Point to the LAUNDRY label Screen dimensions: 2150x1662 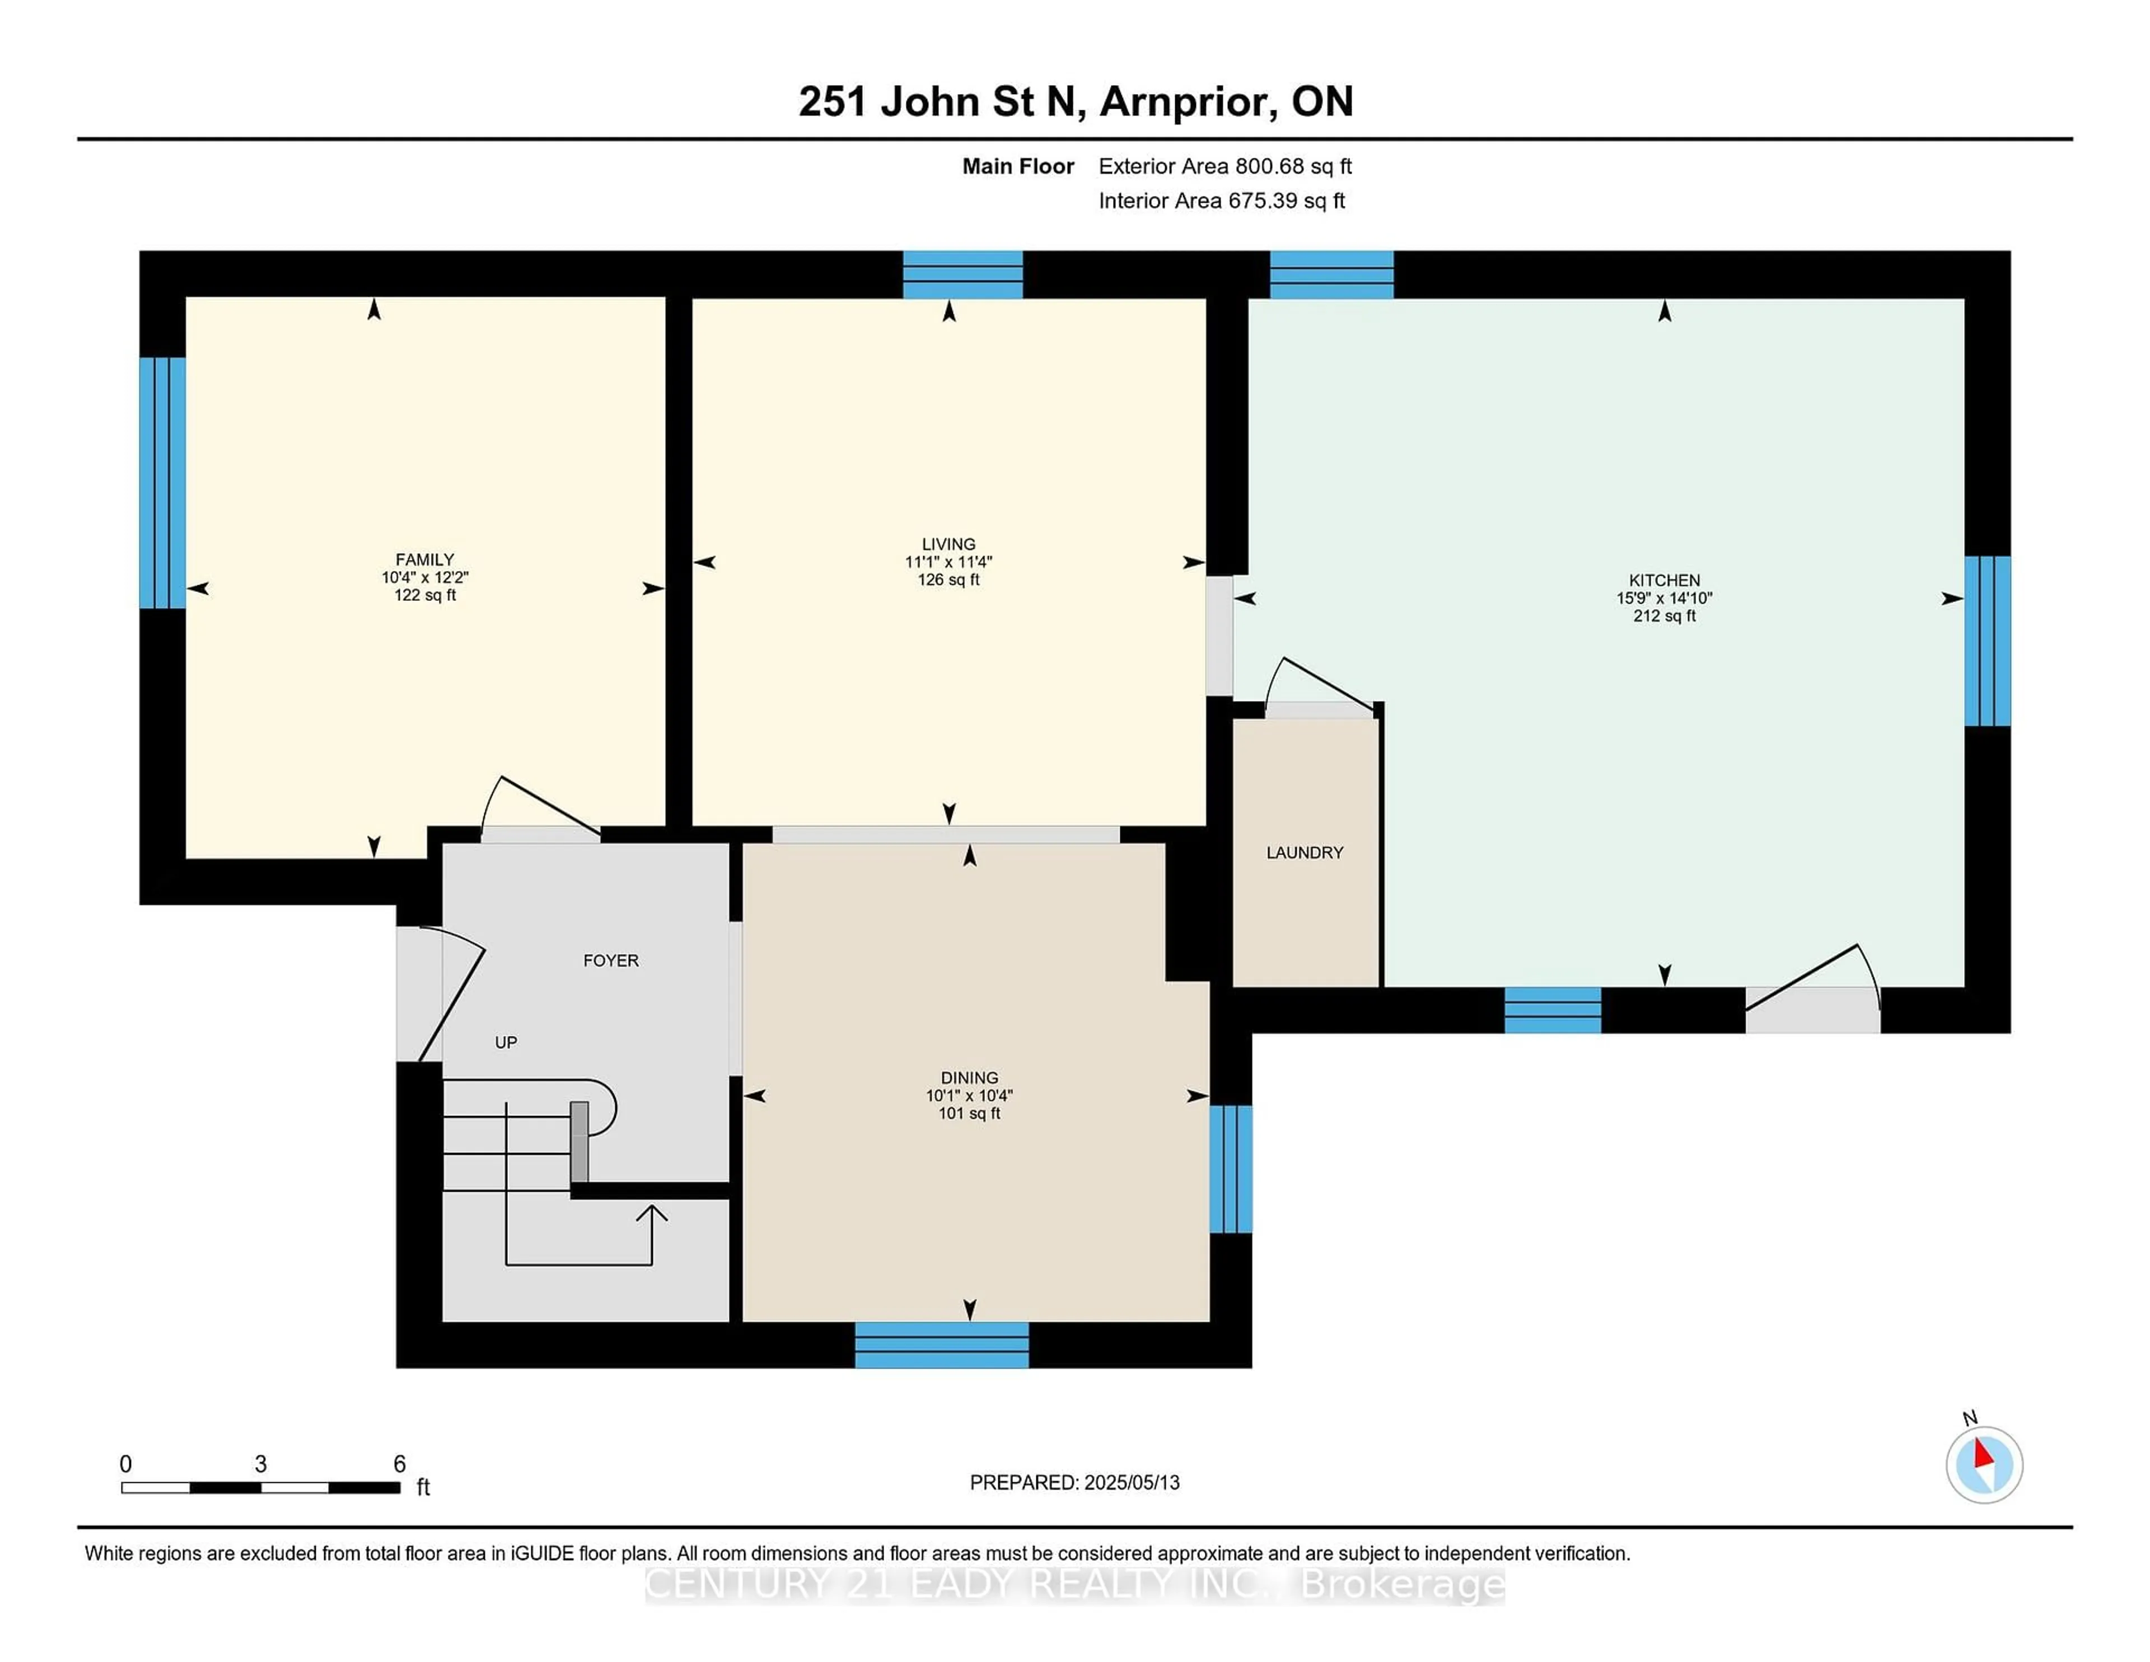[x=1305, y=853]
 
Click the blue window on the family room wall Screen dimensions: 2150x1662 [x=162, y=483]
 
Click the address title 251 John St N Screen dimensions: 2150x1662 [x=942, y=101]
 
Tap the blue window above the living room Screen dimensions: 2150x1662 [x=963, y=275]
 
